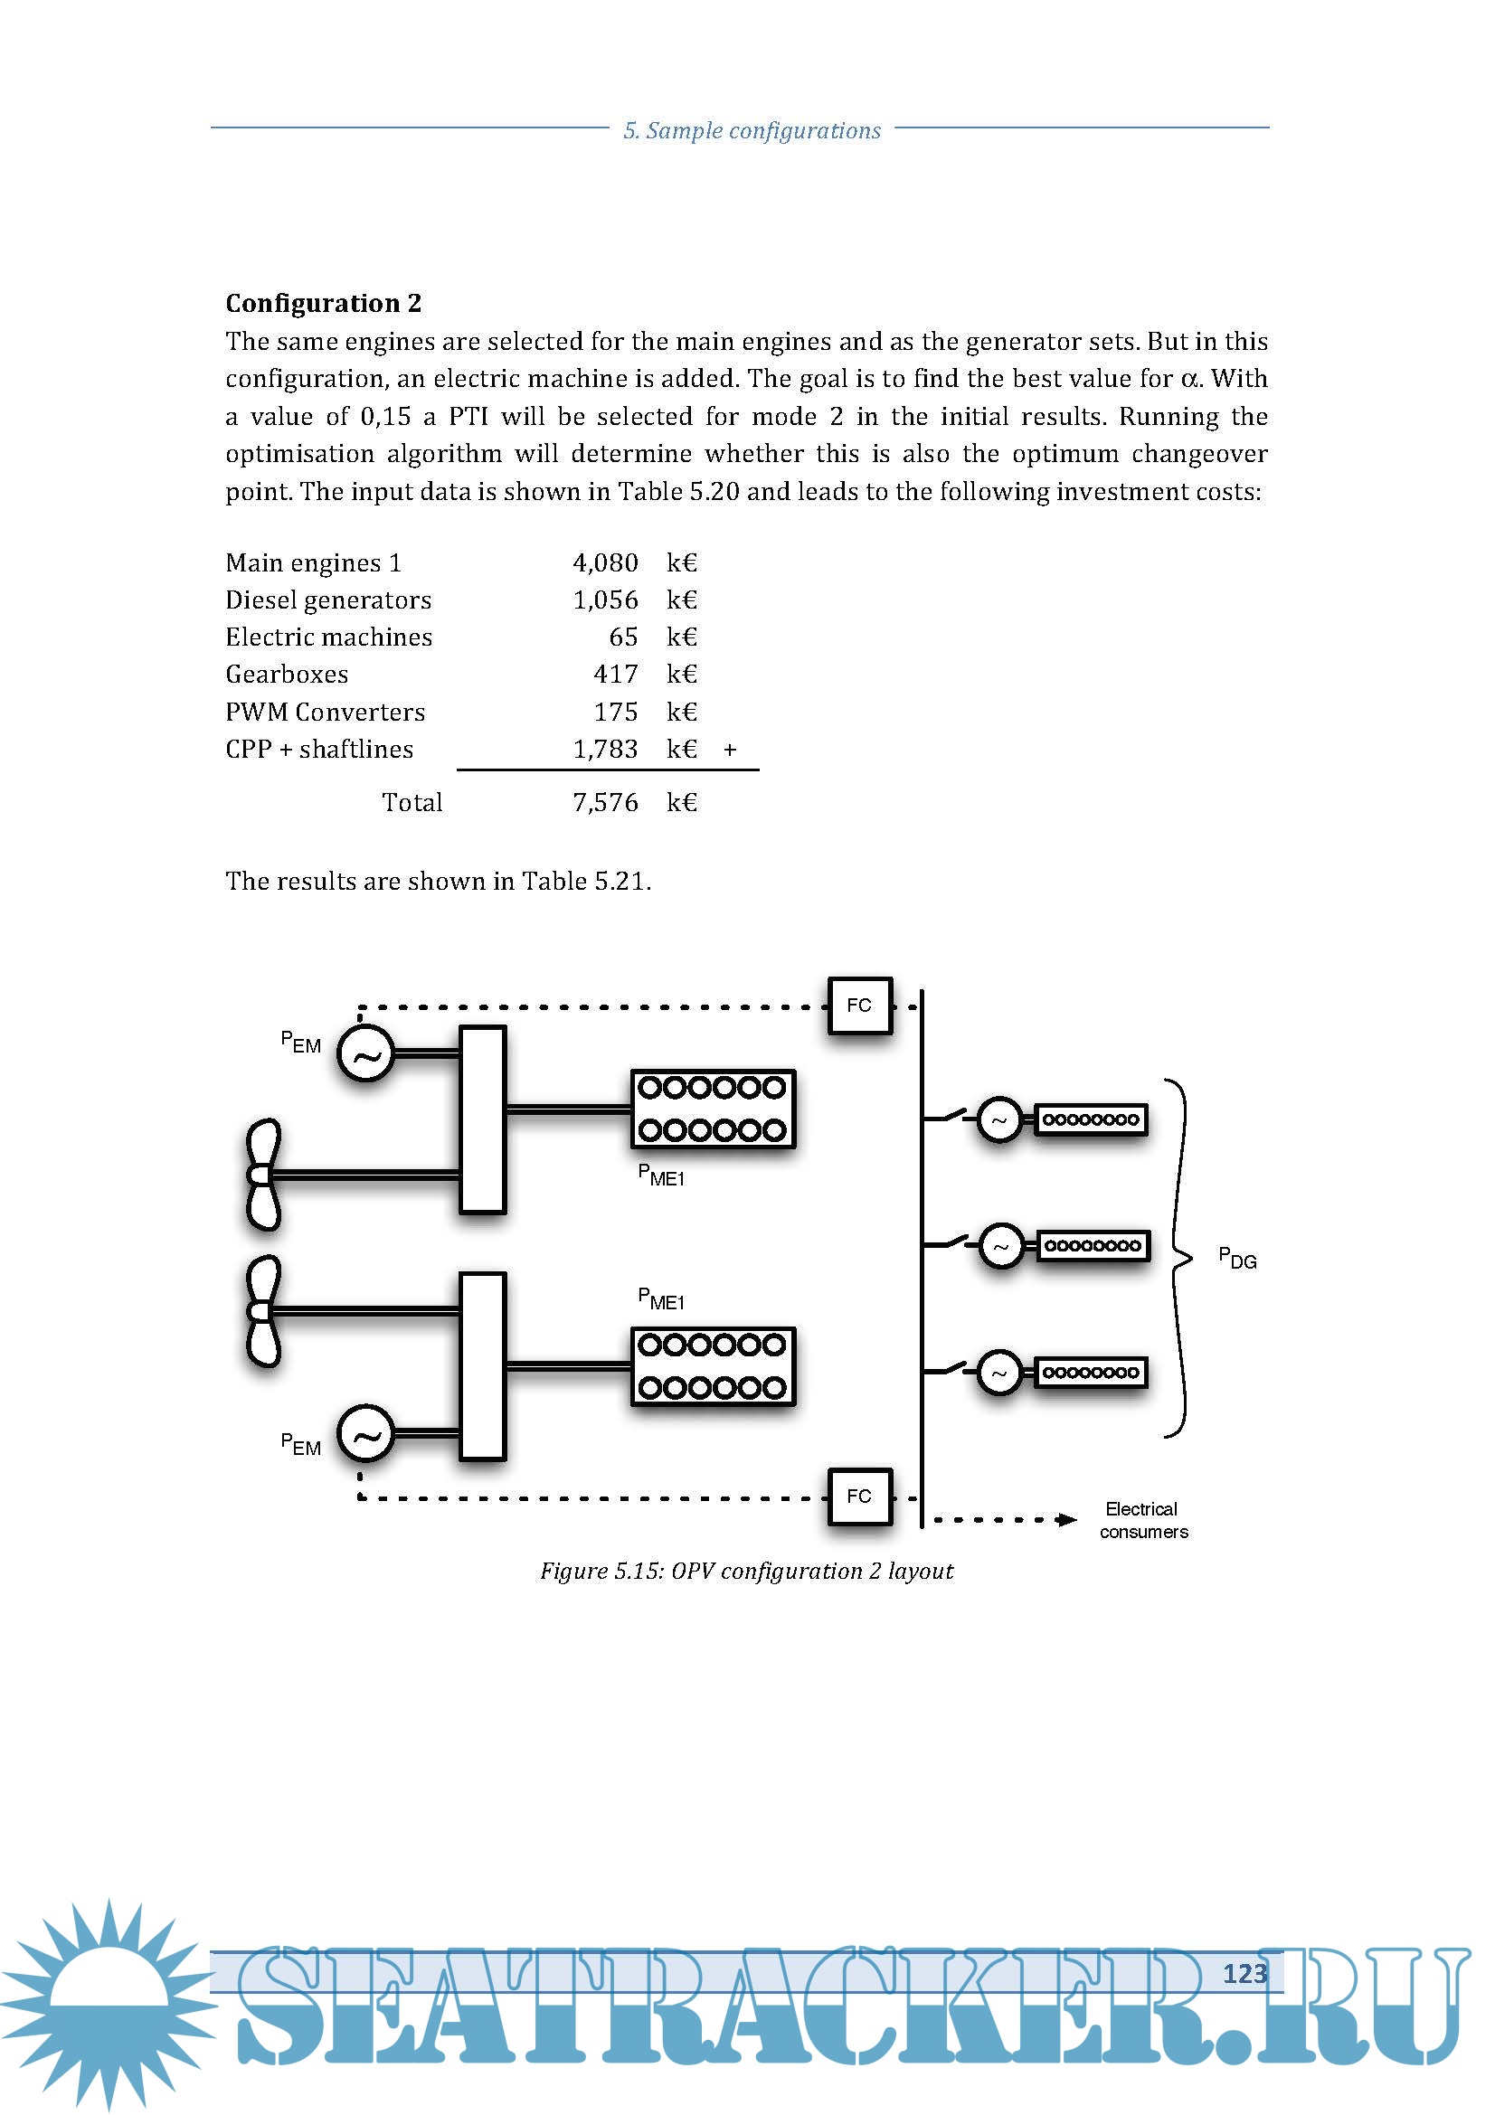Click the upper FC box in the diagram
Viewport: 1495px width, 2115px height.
[x=858, y=1005]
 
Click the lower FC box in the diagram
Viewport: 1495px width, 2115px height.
[x=858, y=1496]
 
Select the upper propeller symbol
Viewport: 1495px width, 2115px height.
[x=262, y=1175]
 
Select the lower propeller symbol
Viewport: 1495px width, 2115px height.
[x=262, y=1311]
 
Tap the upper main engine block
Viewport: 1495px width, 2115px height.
[x=712, y=1109]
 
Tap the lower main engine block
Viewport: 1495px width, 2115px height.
[x=712, y=1366]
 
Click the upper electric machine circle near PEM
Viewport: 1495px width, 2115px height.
[x=365, y=1053]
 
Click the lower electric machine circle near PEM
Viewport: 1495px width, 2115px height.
[x=365, y=1434]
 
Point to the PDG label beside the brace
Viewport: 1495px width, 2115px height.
[x=1237, y=1259]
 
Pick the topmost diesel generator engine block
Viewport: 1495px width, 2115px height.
[x=1091, y=1119]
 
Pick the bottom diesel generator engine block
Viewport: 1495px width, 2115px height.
[x=1091, y=1372]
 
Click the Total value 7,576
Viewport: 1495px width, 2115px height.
[x=605, y=802]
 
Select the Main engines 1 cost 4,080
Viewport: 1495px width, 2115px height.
[x=605, y=562]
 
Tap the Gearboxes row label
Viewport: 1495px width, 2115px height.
[x=287, y=675]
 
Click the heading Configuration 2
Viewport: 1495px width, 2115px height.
[x=323, y=303]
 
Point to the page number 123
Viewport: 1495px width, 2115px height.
[x=1244, y=1973]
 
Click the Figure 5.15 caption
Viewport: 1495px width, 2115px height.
[x=746, y=1571]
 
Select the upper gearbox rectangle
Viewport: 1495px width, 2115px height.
[x=483, y=1119]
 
